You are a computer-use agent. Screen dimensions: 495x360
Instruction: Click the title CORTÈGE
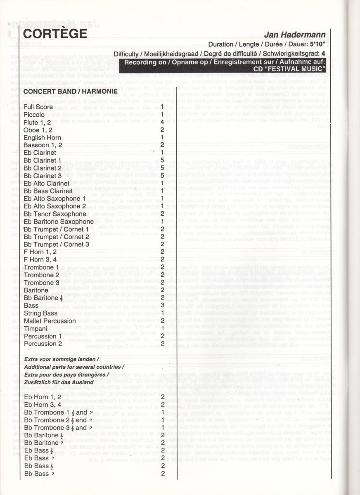[55, 33]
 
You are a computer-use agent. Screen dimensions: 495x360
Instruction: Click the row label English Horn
[42, 137]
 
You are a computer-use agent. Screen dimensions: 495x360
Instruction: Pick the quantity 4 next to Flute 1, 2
[163, 122]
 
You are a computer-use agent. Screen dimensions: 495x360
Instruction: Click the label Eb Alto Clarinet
[46, 183]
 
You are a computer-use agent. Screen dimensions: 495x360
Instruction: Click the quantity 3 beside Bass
[163, 305]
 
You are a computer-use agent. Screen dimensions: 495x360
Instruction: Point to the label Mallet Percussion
[49, 321]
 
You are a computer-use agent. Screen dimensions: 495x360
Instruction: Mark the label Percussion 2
[43, 344]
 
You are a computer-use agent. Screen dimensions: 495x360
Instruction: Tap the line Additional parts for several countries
[74, 367]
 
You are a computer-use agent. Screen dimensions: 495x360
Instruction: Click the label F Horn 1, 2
[40, 252]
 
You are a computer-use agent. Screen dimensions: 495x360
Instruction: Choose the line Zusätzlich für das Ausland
[63, 382]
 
